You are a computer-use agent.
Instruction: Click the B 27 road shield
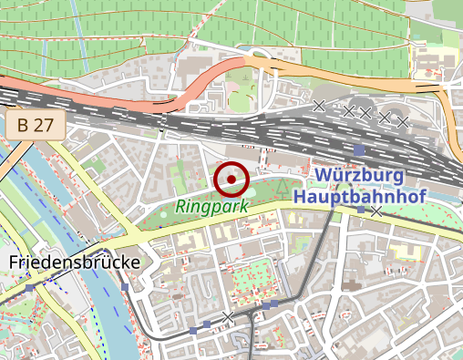coord(36,126)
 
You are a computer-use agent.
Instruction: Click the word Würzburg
coord(361,175)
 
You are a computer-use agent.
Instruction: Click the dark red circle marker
coord(231,179)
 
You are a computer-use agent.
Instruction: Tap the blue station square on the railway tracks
coord(359,149)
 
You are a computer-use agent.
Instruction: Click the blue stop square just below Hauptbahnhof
coord(361,211)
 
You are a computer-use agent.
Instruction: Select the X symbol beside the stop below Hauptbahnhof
coord(376,211)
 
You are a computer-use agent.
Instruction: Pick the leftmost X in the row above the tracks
coord(319,107)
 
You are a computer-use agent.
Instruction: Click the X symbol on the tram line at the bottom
coord(228,316)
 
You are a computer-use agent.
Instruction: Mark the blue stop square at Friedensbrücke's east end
coord(125,287)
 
